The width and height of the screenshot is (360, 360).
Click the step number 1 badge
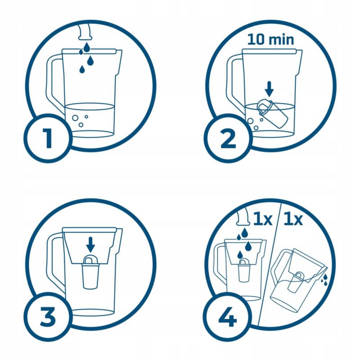point(48,139)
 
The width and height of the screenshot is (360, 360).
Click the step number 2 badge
point(228,139)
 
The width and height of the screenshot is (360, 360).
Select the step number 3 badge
point(48,317)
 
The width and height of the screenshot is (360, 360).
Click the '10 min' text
point(271,39)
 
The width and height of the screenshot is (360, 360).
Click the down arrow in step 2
point(269,89)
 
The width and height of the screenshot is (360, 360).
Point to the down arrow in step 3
point(90,244)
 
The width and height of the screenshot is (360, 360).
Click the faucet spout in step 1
point(85,31)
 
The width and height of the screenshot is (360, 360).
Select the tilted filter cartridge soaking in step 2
point(272,113)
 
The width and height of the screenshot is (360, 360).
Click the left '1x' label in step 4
point(262,220)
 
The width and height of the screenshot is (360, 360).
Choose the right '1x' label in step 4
point(293,220)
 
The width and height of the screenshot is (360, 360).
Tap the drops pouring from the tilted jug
point(324,279)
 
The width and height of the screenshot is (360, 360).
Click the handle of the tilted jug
point(278,266)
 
